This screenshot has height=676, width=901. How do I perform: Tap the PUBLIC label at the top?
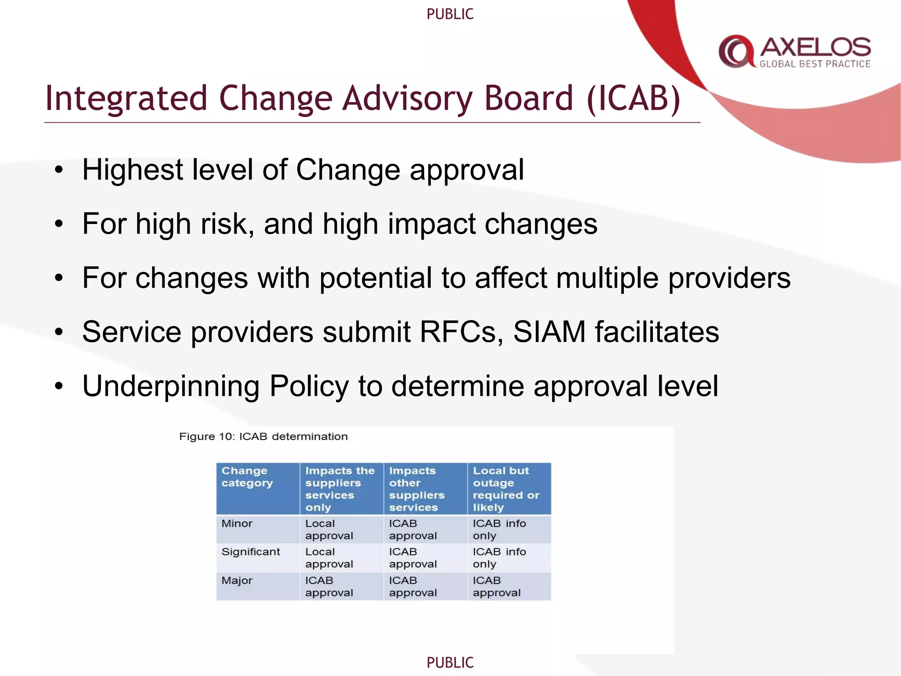point(450,14)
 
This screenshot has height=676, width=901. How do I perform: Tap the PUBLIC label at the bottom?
point(450,662)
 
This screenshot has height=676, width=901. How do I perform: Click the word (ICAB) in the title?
point(634,99)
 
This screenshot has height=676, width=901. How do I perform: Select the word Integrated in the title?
point(126,99)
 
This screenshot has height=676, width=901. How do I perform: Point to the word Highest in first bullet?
point(132,170)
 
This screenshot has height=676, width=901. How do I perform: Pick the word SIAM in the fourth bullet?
point(549,332)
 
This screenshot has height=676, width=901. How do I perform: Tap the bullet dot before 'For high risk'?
point(59,224)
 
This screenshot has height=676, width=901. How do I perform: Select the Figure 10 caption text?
point(263,437)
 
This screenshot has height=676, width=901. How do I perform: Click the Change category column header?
point(247,477)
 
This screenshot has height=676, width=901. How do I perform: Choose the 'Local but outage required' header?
point(506,489)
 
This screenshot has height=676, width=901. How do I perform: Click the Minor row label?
point(237,524)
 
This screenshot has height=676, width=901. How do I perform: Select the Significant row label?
point(250,552)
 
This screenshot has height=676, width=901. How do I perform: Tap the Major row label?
point(237,580)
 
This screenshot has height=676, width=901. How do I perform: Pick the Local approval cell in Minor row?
point(329,529)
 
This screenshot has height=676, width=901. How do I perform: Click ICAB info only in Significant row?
point(499,558)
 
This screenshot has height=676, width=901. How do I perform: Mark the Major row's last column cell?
point(496,586)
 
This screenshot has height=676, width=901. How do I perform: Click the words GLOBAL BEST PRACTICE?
point(815,64)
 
